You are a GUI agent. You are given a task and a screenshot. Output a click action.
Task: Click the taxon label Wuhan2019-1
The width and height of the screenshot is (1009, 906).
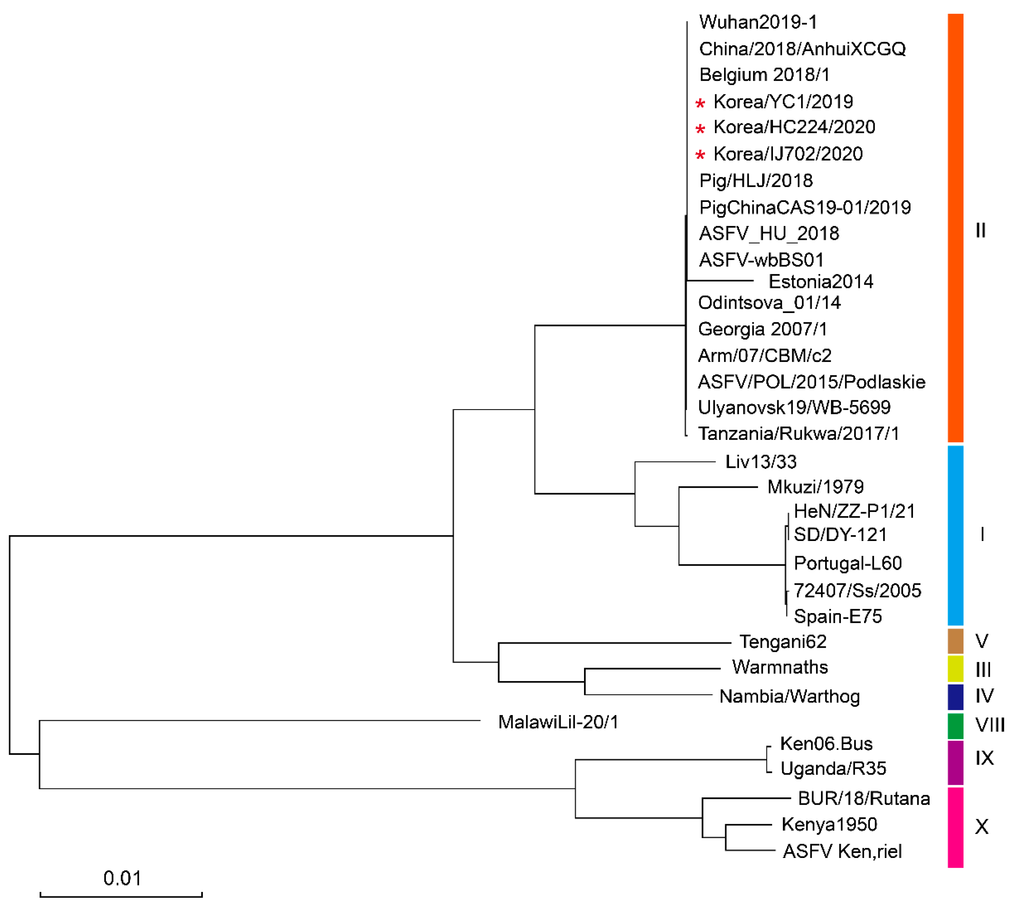[x=757, y=22]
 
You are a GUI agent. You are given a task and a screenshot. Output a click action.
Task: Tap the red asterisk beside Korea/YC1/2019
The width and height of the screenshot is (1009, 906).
[x=700, y=103]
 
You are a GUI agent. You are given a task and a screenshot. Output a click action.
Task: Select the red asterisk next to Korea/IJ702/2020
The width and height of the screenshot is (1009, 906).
[x=700, y=155]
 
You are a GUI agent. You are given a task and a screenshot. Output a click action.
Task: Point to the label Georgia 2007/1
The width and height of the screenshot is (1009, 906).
[x=762, y=329]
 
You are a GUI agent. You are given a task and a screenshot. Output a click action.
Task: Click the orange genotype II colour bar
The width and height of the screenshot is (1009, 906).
[x=955, y=228]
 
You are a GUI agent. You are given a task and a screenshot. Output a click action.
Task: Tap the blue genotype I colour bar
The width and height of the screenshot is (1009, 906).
[x=955, y=535]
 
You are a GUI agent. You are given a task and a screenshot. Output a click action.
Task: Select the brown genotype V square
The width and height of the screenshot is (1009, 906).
[x=955, y=641]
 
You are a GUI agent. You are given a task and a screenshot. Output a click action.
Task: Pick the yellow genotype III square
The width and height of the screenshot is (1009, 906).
[x=955, y=669]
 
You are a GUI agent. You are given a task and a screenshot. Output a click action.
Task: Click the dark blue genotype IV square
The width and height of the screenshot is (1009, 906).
[x=955, y=696]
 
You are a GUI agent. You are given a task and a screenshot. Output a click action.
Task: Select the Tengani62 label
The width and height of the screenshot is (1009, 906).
[x=783, y=642]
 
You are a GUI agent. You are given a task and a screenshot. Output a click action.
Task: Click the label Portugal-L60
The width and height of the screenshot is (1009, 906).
[x=847, y=563]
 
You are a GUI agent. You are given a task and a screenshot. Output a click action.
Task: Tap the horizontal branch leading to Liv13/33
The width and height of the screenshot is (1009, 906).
[x=675, y=462]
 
